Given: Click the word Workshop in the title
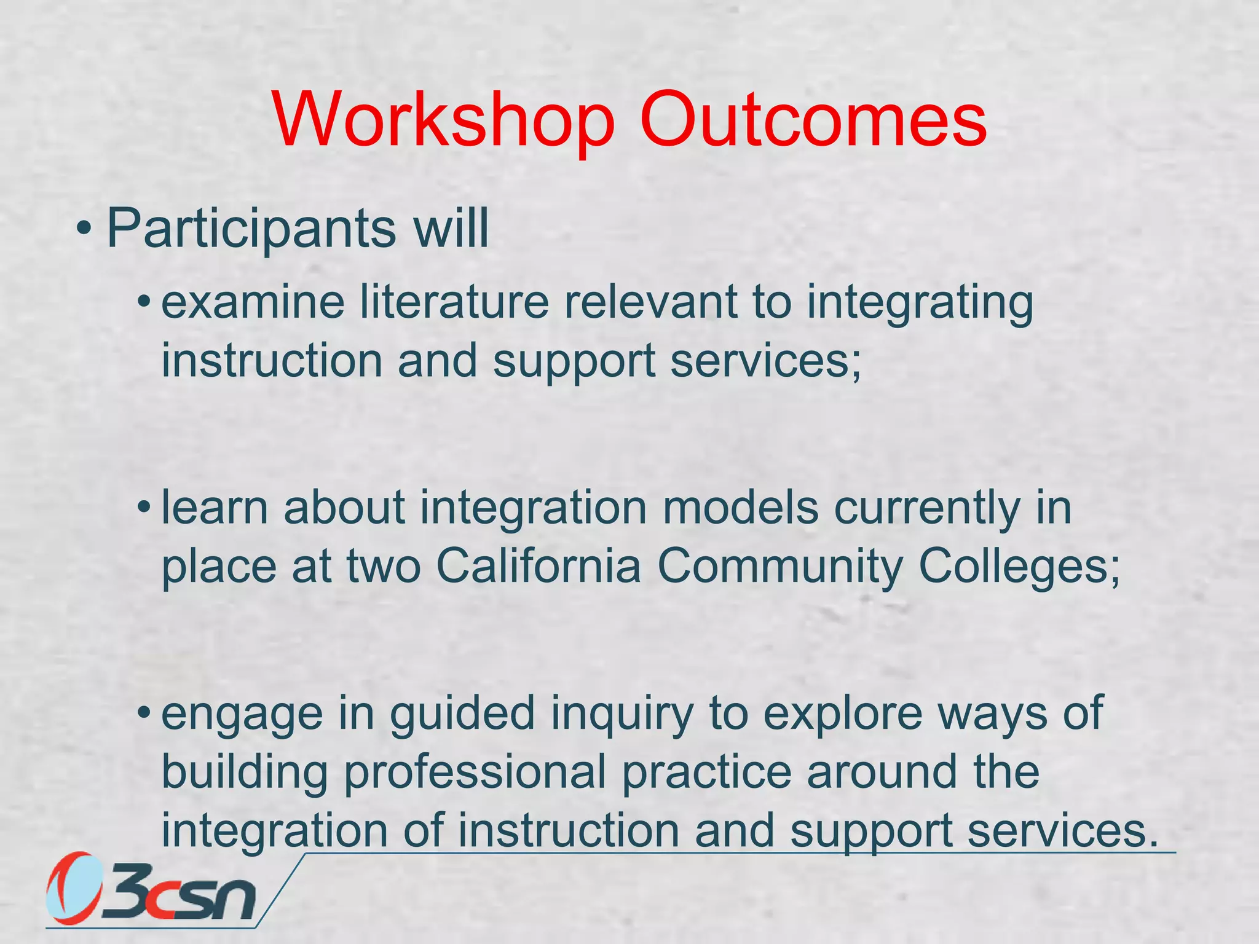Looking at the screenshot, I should coord(444,120).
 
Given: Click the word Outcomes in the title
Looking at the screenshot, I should coord(813,120).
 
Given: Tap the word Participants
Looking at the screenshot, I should coord(251,229).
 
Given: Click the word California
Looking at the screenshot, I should coord(539,567).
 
